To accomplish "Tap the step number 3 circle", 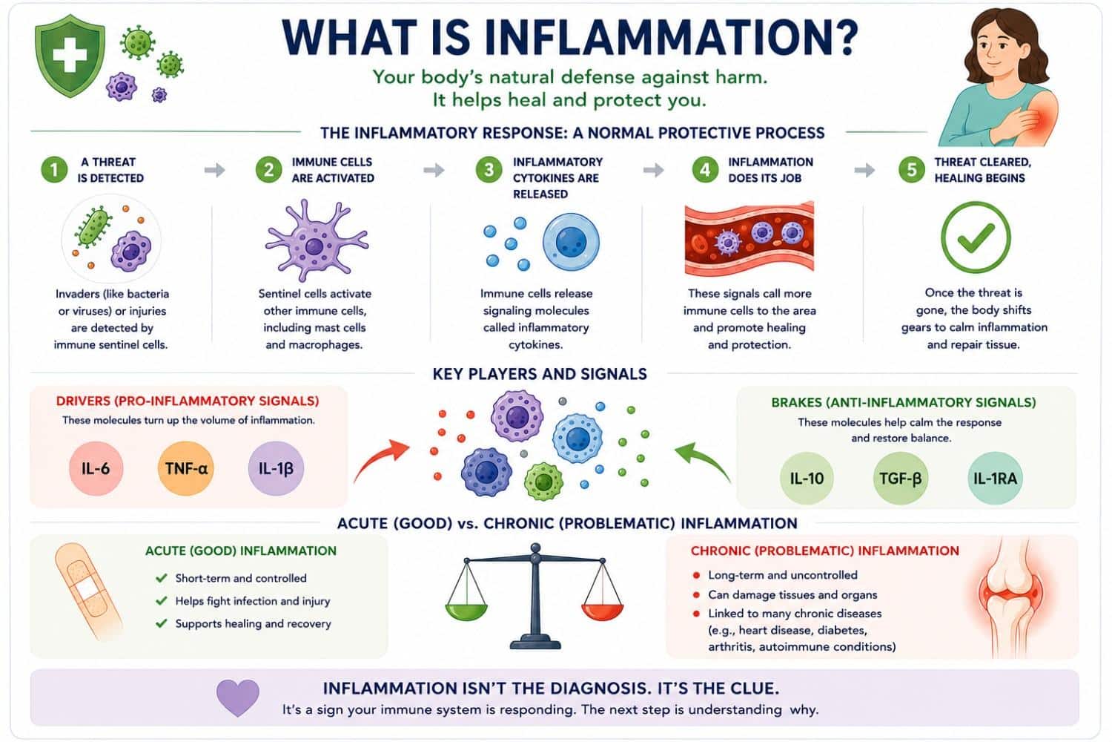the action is click(489, 169).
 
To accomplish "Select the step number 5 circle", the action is click(912, 169).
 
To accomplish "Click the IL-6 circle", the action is click(96, 468).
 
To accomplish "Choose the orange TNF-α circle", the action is click(185, 468).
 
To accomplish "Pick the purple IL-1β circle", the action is click(276, 468).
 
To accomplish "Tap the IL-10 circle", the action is click(807, 478).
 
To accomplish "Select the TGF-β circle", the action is click(901, 478).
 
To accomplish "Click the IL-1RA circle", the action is click(995, 478).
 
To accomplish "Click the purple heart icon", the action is click(238, 697).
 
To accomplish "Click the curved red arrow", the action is click(380, 459).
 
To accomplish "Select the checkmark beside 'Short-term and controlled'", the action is click(162, 578).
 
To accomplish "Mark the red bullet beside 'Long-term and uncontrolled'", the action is click(697, 576).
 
